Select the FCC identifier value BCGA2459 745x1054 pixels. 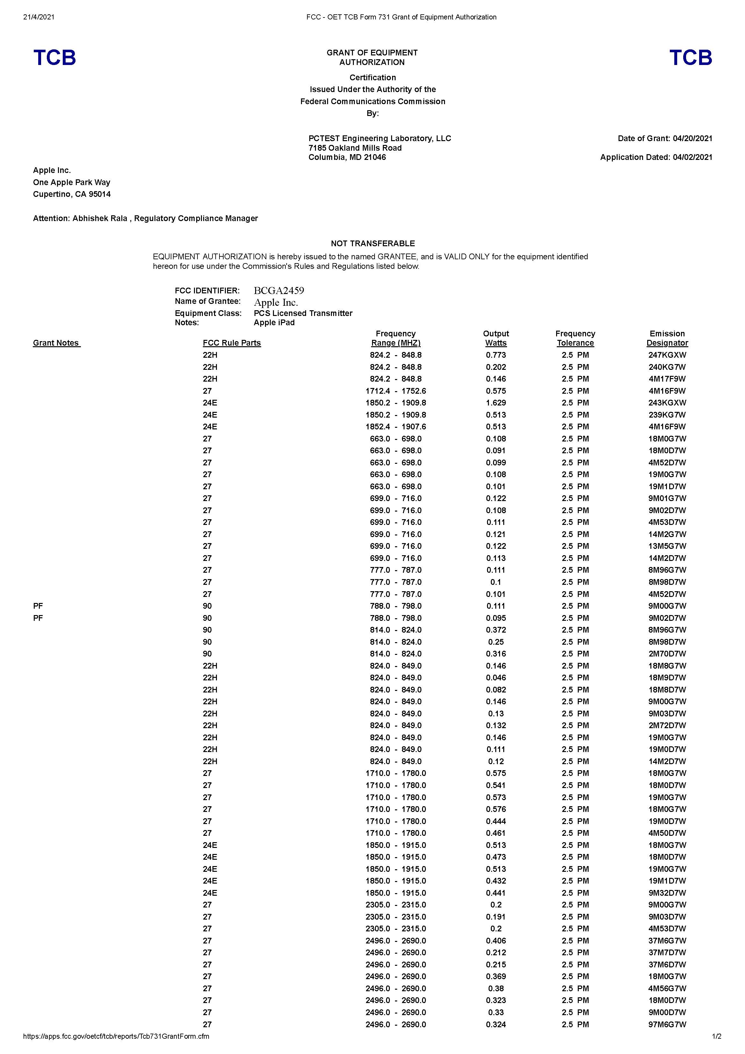(x=279, y=290)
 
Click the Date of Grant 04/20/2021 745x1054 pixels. (x=665, y=138)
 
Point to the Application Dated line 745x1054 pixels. (x=656, y=157)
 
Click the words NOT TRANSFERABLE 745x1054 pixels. (x=372, y=243)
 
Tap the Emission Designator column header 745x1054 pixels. (x=667, y=338)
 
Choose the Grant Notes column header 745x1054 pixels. (x=56, y=343)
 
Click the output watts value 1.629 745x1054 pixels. (x=496, y=403)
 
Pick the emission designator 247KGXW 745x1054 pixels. (x=667, y=355)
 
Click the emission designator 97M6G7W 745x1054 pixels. (x=667, y=1024)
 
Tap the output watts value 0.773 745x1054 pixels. (x=496, y=355)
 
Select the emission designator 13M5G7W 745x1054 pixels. (x=667, y=546)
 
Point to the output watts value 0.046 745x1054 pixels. (x=496, y=678)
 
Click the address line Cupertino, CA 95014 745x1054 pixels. (x=72, y=194)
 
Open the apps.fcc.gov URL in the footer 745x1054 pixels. (x=116, y=1036)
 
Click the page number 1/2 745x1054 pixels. (x=716, y=1036)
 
